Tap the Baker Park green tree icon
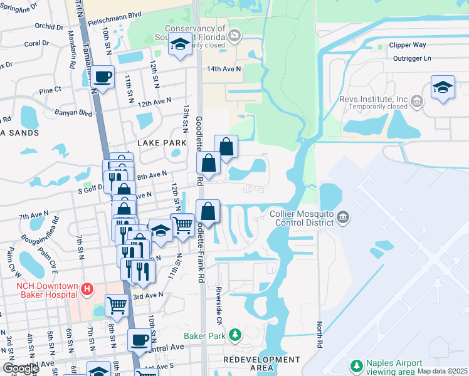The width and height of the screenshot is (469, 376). pyautogui.click(x=235, y=335)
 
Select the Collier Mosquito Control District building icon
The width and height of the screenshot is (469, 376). pyautogui.click(x=343, y=217)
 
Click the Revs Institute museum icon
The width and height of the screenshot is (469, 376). pyautogui.click(x=416, y=100)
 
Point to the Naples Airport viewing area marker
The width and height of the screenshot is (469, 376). pyautogui.click(x=356, y=365)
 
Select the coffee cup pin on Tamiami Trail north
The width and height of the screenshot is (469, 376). pyautogui.click(x=103, y=77)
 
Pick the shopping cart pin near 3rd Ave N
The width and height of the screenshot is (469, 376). pyautogui.click(x=117, y=306)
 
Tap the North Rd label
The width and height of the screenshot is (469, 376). pyautogui.click(x=319, y=336)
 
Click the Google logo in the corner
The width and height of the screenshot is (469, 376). pyautogui.click(x=21, y=368)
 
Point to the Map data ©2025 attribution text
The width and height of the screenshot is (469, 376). pyautogui.click(x=442, y=371)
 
